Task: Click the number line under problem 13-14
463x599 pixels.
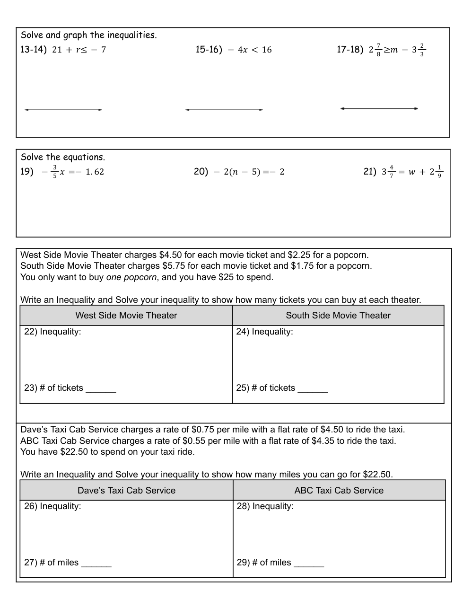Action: (63, 110)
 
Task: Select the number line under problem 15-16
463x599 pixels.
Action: (224, 110)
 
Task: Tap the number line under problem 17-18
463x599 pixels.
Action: (379, 108)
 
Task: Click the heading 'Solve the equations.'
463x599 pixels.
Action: (63, 157)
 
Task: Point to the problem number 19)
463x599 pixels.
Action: (27, 171)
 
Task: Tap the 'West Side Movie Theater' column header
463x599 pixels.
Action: (126, 316)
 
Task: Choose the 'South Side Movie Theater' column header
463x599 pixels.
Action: (338, 316)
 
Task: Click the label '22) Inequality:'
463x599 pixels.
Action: (52, 332)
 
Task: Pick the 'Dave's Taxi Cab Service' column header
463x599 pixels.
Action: (126, 491)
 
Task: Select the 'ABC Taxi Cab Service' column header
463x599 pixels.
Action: (339, 491)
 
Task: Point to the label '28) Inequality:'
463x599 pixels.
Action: (265, 506)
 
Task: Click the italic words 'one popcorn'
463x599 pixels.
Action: (131, 277)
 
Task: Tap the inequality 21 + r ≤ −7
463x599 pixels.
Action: (79, 50)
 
